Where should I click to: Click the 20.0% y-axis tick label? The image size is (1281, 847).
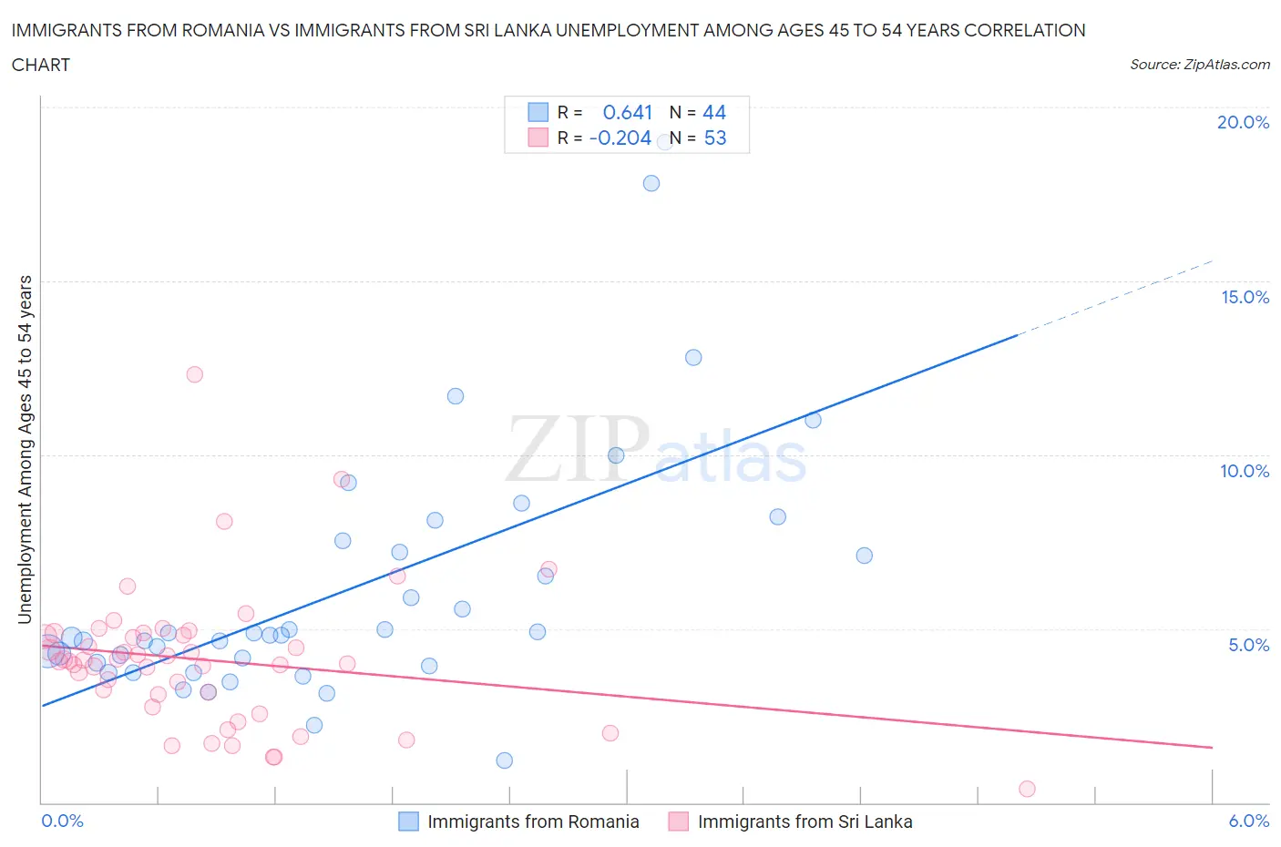[1243, 122]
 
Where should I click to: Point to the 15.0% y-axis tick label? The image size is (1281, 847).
[1245, 297]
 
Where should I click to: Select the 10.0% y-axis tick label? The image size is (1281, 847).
[1245, 471]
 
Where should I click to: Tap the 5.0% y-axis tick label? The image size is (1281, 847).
[1248, 645]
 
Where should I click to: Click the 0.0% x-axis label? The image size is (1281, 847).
[62, 821]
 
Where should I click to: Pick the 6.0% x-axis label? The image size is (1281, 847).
[1248, 821]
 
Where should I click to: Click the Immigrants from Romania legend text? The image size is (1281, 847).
[533, 821]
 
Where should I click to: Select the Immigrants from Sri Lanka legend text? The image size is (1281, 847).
[804, 821]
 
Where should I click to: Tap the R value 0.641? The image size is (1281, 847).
[628, 112]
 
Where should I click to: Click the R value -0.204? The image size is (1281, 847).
[620, 138]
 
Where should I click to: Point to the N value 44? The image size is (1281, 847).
[714, 112]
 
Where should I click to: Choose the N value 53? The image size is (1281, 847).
[715, 138]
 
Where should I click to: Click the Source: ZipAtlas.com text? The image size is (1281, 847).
[1199, 64]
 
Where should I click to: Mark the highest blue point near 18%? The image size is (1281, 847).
[651, 183]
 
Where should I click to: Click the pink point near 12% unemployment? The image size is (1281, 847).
[194, 374]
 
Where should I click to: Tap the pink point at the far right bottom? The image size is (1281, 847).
[1027, 789]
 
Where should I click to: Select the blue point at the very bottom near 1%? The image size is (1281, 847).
[504, 760]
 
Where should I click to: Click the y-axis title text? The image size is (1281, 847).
[26, 449]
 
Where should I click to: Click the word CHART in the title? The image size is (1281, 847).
[41, 65]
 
